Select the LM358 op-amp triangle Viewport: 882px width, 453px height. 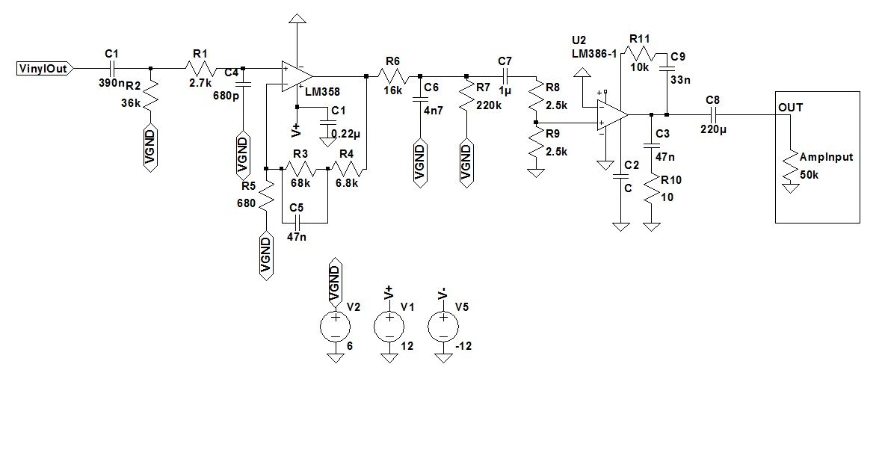[296, 75]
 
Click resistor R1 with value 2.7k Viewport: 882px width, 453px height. [201, 69]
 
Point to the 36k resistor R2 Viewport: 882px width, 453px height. [152, 95]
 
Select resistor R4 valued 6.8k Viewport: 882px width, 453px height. [348, 170]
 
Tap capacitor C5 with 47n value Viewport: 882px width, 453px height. [297, 223]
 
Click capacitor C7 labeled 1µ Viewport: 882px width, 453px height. [506, 75]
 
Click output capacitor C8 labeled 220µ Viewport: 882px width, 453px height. [712, 114]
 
